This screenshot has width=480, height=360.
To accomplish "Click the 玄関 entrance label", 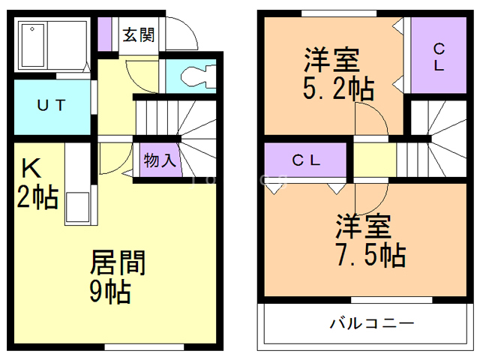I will (139, 34).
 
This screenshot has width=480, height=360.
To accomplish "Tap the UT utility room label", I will (51, 104).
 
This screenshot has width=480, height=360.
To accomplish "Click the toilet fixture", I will (196, 75).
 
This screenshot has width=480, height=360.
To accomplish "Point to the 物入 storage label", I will (159, 160).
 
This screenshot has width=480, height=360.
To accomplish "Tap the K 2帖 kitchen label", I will (37, 184).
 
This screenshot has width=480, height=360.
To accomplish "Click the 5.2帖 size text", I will (338, 89).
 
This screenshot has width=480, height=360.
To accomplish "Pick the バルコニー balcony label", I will (372, 325).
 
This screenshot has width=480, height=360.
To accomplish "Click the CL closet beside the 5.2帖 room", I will (438, 57).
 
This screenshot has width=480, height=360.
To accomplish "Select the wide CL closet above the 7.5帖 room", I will (306, 160).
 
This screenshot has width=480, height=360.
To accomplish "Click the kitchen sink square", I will (77, 206).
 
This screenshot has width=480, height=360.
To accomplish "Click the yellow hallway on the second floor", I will (374, 159).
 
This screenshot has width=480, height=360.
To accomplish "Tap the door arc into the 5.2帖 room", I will (370, 122).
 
